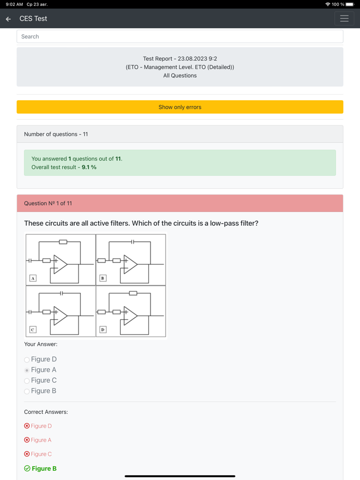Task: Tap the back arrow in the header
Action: click(8, 19)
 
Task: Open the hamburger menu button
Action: click(344, 19)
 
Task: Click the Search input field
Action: click(179, 36)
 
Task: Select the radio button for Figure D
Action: click(27, 360)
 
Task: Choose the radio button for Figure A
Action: click(27, 370)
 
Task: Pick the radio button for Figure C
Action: click(27, 381)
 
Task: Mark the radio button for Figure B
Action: click(27, 391)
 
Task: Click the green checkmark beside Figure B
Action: click(27, 468)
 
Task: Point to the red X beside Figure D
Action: click(27, 426)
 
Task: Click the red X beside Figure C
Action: click(27, 454)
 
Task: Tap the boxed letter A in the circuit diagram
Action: click(33, 278)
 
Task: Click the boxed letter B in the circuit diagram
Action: click(103, 278)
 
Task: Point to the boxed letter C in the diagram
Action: click(33, 329)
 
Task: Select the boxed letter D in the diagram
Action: click(103, 329)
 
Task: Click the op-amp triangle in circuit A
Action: click(60, 264)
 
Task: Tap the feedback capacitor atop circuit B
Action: click(132, 242)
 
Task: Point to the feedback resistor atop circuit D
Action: click(133, 293)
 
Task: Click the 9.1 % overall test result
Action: click(89, 167)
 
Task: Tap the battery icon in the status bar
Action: click(350, 4)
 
